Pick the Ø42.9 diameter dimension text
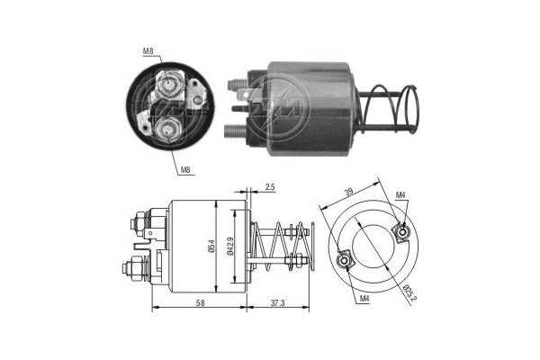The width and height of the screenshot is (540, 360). click(x=233, y=246)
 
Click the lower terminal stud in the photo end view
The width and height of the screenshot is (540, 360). click(x=167, y=132)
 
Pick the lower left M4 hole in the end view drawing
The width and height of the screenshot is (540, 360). click(x=343, y=262)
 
